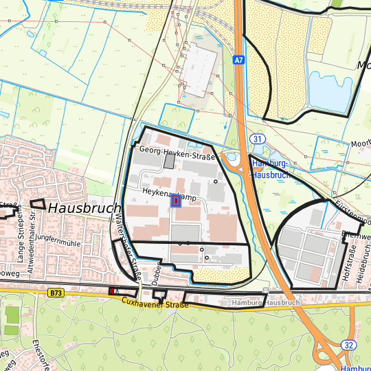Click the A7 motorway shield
click(x=238, y=60)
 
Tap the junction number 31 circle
click(x=257, y=139)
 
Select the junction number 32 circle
click(x=350, y=344)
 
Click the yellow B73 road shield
click(x=57, y=293)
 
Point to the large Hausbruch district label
click(x=86, y=207)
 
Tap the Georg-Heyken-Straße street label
click(x=177, y=150)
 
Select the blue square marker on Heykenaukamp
click(x=175, y=201)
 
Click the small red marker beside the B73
click(x=112, y=292)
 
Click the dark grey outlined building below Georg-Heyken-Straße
click(x=169, y=161)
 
